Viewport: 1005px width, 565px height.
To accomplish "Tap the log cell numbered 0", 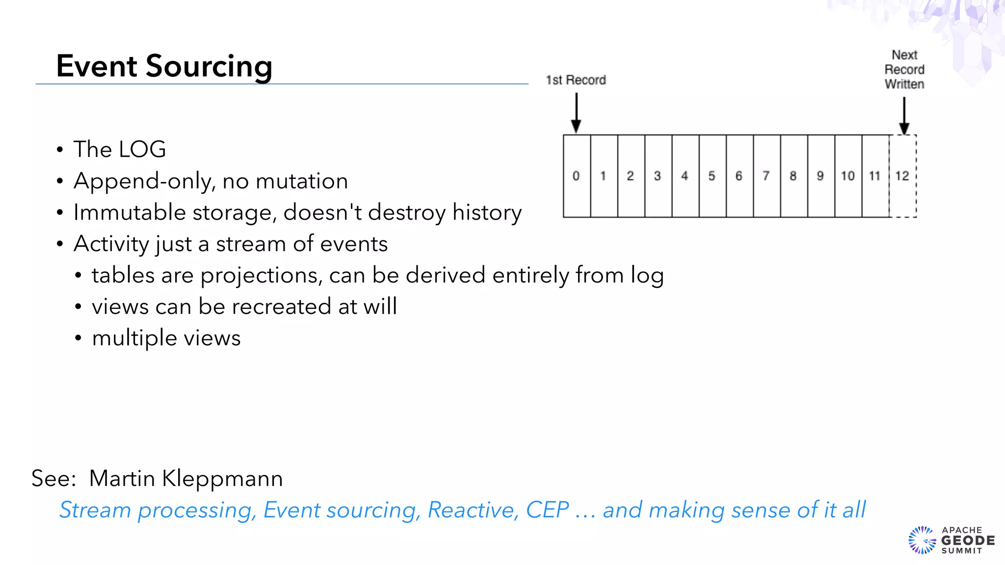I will pos(577,176).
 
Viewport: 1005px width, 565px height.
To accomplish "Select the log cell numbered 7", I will pos(766,176).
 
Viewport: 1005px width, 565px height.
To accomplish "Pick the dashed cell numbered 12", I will pos(902,176).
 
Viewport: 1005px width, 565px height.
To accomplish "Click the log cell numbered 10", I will pos(847,176).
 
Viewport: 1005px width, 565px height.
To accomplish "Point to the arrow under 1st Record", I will pos(577,113).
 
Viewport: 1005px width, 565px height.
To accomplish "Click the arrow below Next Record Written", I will pos(904,115).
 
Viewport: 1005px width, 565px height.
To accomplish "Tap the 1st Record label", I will pos(576,80).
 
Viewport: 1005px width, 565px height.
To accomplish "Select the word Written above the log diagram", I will pos(904,84).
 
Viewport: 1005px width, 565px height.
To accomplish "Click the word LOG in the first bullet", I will pos(143,149).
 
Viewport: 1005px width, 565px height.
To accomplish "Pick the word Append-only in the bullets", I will pos(143,181).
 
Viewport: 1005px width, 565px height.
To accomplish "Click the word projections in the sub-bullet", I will pos(262,276).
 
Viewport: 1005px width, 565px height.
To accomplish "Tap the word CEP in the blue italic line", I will pos(547,510).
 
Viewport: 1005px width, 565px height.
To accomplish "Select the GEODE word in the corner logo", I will pos(968,540).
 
